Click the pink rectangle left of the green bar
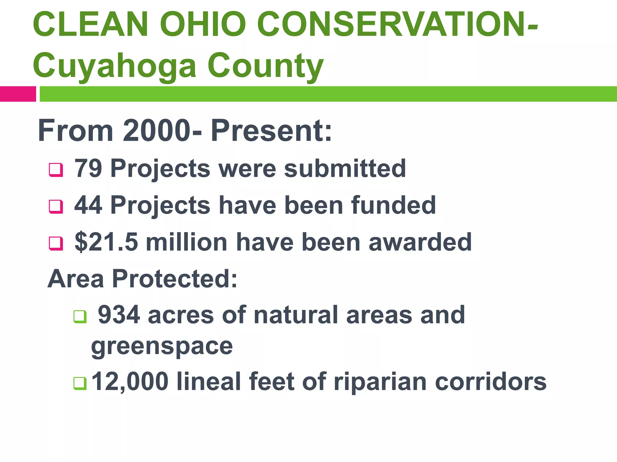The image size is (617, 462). [18, 94]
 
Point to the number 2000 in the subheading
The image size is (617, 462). [157, 131]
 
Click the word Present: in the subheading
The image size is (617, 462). [271, 131]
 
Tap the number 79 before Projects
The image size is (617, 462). [88, 168]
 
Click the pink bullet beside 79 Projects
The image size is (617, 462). [56, 170]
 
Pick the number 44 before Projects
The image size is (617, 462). [88, 205]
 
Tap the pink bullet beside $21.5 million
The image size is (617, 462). [56, 244]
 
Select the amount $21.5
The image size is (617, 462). [106, 242]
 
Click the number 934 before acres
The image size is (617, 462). [119, 315]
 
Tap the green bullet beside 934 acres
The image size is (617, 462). [80, 317]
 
